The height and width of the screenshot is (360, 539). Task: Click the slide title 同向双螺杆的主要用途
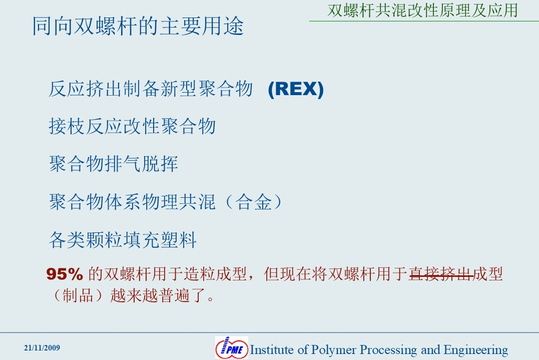point(138,26)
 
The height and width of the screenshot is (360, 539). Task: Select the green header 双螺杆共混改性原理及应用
point(423,11)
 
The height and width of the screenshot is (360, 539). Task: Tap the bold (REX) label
point(296,89)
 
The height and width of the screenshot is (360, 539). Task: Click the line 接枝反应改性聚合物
point(132,126)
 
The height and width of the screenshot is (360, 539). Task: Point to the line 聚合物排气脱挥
point(114,164)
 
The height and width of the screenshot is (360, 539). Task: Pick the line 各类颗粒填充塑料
point(123,240)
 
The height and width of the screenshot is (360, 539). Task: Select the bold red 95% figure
point(65,274)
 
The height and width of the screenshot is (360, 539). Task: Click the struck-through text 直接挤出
point(441,274)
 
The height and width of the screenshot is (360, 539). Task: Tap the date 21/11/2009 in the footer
point(42,348)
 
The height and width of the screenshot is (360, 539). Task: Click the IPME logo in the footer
point(232,347)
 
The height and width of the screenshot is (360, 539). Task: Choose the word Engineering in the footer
point(476,350)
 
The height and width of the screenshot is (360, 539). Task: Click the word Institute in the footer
point(272,349)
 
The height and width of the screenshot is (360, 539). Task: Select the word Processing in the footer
point(388,350)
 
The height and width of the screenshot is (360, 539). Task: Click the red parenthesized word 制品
point(78,295)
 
